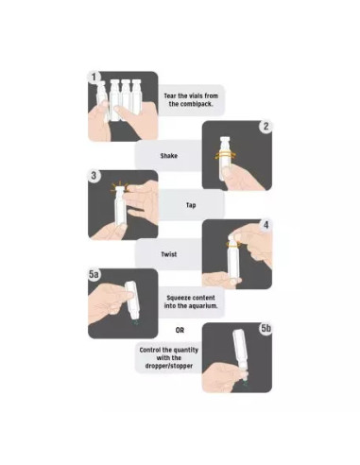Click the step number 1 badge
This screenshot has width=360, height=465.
click(94, 77)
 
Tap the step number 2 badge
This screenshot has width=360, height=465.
click(266, 127)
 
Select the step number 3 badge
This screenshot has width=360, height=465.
click(94, 176)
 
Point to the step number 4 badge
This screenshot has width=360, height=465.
click(266, 225)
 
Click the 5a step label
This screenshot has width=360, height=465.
click(94, 274)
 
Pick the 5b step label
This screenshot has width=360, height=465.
click(266, 328)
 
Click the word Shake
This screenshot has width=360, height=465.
click(169, 156)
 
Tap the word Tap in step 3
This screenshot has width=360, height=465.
click(191, 205)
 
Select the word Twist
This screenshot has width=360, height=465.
click(169, 254)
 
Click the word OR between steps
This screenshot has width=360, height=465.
click(180, 330)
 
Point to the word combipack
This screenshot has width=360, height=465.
click(191, 104)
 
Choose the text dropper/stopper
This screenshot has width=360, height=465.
click(169, 366)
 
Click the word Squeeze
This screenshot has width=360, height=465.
click(177, 298)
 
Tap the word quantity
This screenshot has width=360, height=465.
click(186, 350)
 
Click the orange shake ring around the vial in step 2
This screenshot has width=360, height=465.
click(226, 155)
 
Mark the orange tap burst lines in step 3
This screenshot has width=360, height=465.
click(119, 187)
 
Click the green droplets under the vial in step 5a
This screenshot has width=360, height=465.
click(135, 322)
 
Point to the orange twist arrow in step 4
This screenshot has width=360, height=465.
click(233, 244)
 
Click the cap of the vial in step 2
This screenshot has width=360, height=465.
click(225, 140)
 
